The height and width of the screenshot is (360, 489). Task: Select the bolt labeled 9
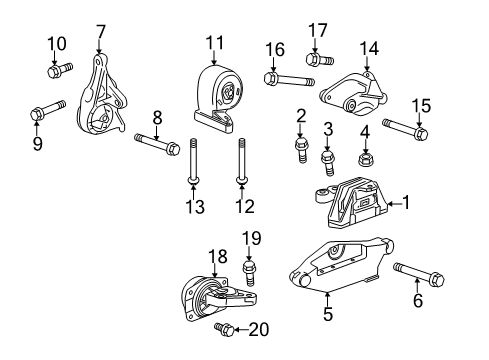click(x=37, y=112)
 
